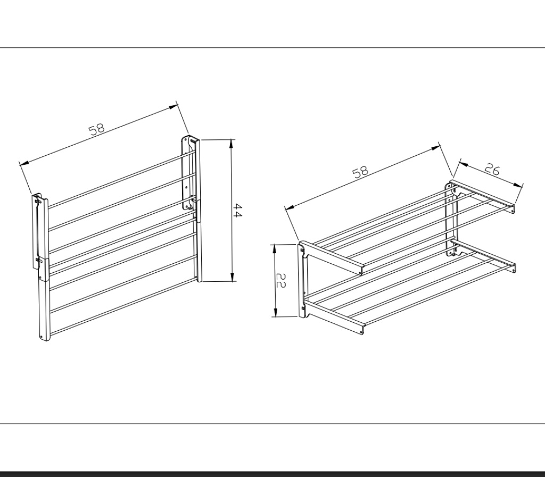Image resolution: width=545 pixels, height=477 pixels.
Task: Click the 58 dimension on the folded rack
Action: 97,129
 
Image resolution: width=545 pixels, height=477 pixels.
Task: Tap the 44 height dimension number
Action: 237,211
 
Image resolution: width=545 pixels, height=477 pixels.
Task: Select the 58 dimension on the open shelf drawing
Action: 360,172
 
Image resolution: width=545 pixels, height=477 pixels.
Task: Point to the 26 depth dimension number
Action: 492,169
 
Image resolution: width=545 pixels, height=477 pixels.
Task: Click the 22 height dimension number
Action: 281,280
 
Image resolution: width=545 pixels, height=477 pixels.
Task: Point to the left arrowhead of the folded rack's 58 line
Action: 24,163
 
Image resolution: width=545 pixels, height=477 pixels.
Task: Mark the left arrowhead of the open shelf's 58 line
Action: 290,207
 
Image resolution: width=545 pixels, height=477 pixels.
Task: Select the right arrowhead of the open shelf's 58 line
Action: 436,148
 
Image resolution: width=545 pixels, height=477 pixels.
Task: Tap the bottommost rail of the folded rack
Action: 123,307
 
